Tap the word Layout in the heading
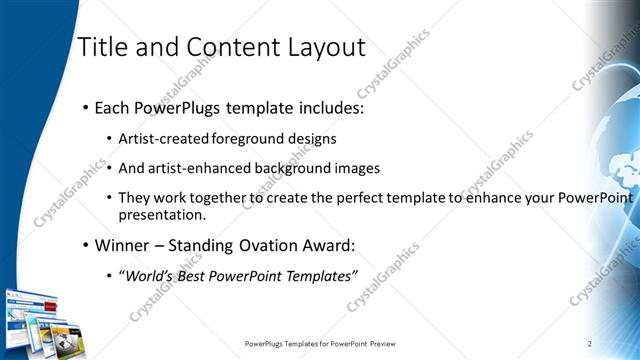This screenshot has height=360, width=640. [x=326, y=47]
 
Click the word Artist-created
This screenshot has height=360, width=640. [x=159, y=139]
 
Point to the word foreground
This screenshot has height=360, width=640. [x=243, y=139]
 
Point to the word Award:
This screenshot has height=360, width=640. [x=320, y=245]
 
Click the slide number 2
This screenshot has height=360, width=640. [x=590, y=344]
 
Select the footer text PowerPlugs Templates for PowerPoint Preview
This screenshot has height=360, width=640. [x=335, y=344]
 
